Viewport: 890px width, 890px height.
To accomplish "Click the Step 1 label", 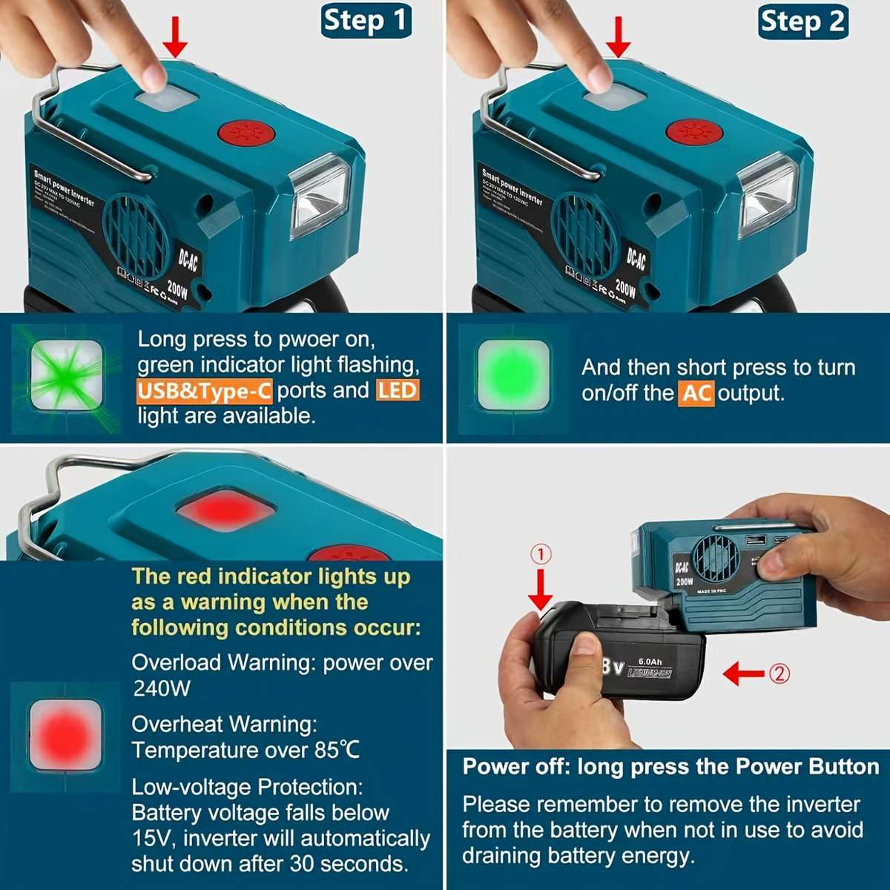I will click(366, 21).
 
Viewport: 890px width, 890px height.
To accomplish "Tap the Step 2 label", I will click(803, 22).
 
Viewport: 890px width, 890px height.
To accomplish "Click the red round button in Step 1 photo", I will click(246, 135).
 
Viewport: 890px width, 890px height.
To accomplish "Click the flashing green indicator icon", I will click(67, 379).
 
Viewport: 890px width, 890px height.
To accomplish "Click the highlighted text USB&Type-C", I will click(204, 391).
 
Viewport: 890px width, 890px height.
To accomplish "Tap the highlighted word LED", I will click(398, 390).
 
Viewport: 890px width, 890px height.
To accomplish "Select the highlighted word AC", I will click(696, 393).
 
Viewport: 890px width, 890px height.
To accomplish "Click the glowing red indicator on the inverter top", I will click(225, 510).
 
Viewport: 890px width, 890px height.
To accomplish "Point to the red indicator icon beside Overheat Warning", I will click(65, 735).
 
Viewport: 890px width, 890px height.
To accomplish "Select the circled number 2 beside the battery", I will click(779, 673).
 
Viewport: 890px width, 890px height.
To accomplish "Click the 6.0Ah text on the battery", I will click(650, 662).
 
